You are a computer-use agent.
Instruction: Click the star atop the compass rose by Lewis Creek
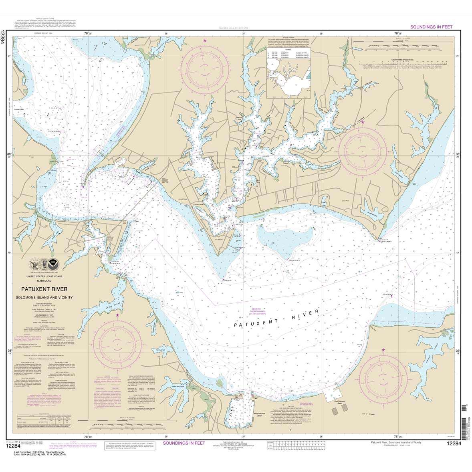117,315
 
